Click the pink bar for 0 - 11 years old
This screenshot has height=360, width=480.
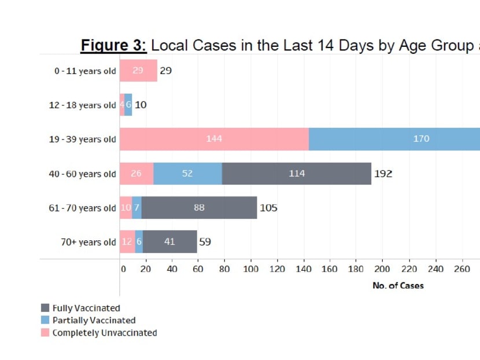(138, 71)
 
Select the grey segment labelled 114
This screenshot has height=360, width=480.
(296, 174)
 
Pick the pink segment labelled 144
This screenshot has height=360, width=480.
(214, 139)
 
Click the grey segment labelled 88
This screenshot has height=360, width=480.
(199, 208)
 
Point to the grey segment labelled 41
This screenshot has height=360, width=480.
(169, 242)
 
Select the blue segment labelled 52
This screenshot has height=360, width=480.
(187, 174)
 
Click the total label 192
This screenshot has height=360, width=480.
(383, 174)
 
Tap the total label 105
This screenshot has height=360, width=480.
(268, 208)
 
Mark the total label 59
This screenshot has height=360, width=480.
(205, 242)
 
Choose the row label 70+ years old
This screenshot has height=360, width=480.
(88, 243)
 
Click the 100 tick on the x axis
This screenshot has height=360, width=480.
(250, 269)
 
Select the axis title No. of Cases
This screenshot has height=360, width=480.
(398, 285)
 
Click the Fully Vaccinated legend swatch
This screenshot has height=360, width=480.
(45, 308)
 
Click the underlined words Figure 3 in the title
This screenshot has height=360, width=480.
(113, 46)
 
